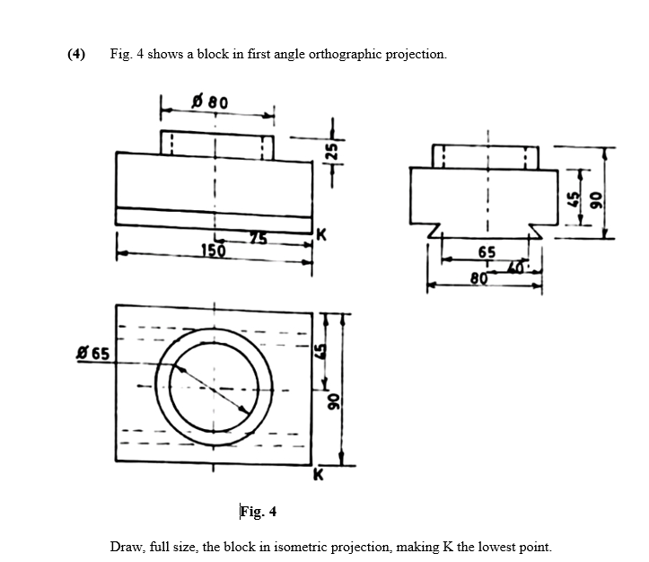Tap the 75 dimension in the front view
point(259,238)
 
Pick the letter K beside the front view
point(320,236)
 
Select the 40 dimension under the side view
point(518,268)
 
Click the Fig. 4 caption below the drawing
point(259,513)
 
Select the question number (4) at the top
point(76,54)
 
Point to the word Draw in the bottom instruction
point(125,547)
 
